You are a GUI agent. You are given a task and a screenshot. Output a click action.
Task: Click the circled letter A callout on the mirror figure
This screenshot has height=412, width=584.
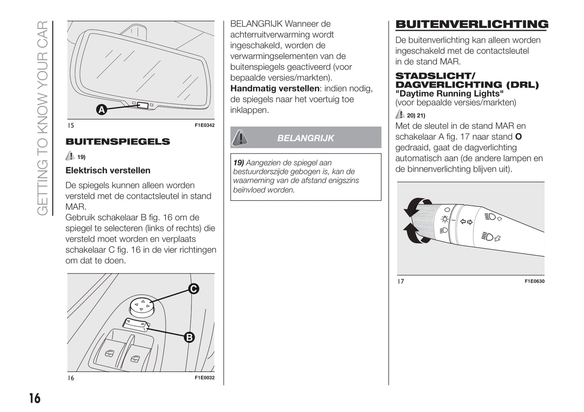[101, 109]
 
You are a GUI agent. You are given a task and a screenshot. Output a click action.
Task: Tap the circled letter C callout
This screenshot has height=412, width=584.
[194, 289]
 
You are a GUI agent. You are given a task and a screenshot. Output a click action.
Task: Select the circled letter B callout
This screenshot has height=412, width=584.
[189, 337]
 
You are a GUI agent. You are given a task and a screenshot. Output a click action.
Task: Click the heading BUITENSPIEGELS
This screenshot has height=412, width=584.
[118, 142]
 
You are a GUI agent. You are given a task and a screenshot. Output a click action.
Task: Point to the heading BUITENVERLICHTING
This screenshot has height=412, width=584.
[472, 24]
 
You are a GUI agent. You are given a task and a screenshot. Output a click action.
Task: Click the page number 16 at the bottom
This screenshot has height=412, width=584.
[35, 398]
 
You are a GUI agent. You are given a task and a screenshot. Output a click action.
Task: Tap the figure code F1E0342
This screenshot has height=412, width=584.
[205, 125]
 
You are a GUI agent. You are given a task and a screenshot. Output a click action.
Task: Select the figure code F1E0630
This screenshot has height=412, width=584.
[534, 281]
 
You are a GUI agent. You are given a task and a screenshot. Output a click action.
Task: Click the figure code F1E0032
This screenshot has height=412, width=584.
[205, 378]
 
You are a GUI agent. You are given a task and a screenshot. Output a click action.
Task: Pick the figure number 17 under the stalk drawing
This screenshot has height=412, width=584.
[401, 281]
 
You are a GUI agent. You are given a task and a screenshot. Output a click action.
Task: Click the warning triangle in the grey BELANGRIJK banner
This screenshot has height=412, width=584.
[240, 137]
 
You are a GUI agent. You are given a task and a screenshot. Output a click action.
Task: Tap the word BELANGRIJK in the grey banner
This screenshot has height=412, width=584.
[306, 138]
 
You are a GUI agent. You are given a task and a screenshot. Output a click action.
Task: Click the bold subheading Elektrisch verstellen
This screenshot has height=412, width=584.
[108, 171]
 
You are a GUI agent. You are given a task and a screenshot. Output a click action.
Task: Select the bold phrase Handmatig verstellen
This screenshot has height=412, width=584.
[275, 89]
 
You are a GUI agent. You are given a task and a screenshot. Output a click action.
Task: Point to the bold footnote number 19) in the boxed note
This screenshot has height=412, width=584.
[238, 163]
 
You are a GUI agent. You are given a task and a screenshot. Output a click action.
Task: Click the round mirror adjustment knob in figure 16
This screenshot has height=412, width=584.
[142, 306]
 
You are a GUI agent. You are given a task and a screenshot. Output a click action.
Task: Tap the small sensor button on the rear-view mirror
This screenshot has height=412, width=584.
[143, 105]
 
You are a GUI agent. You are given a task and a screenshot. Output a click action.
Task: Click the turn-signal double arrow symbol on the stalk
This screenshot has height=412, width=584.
[466, 222]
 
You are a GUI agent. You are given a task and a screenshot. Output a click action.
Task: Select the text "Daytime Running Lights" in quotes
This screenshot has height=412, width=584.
[449, 94]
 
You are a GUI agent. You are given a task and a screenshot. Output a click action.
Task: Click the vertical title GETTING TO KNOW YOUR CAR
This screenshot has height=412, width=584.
[42, 118]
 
